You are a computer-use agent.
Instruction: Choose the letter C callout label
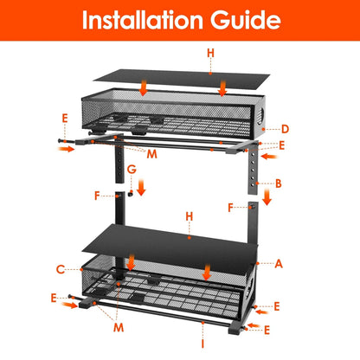(61, 268)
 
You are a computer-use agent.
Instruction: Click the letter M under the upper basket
(152, 154)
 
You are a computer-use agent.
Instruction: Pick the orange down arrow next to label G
(142, 184)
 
